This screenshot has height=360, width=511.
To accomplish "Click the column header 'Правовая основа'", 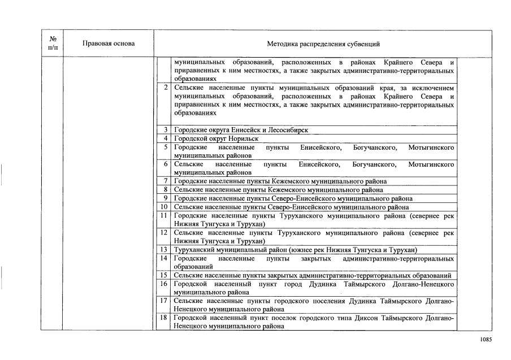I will coord(109,44).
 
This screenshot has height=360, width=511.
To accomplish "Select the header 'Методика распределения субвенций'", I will coord(323,44).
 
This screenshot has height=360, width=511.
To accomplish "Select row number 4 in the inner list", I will coord(166,138).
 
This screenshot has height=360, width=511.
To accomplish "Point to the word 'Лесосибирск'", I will coord(289,130).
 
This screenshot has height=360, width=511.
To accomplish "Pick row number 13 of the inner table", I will coord(164,250).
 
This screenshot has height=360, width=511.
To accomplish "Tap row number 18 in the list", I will coord(164,318).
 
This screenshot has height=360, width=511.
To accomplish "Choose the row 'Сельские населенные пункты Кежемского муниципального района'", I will coord(278,190).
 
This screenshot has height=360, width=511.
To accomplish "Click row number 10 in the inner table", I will coord(164,207).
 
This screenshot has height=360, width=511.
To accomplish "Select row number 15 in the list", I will coord(164,275).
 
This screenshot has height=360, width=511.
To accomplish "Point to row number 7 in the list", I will coord(166,181).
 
